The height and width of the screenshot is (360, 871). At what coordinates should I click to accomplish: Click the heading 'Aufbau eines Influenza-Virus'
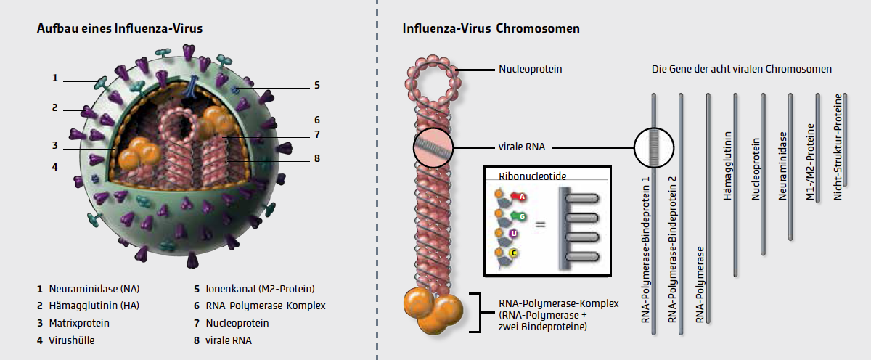point(120,29)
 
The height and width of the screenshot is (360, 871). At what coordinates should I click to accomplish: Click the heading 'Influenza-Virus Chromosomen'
point(490,29)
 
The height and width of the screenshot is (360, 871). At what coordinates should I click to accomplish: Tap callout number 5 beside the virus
point(317,86)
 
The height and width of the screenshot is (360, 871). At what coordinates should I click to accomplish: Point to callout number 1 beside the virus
point(54,78)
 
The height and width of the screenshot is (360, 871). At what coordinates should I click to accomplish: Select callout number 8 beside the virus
point(317,158)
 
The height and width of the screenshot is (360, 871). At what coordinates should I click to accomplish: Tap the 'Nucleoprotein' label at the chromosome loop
point(531,70)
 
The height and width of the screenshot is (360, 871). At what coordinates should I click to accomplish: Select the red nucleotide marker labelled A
point(521,196)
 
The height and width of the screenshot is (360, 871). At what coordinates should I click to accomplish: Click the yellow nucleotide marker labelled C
point(514,253)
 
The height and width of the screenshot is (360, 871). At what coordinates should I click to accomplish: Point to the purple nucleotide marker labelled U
point(513,233)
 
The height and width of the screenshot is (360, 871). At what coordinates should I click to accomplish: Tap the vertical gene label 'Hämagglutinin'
point(728,156)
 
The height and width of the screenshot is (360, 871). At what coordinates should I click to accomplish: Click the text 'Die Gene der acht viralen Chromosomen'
point(742,70)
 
